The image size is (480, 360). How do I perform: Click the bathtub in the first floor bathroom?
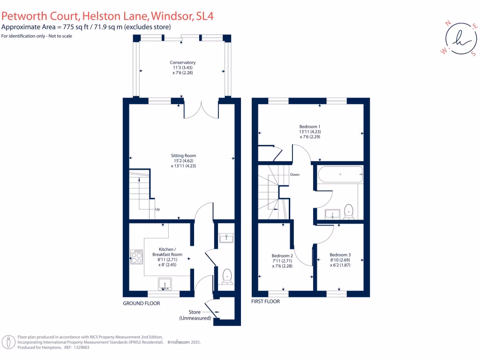tap(341, 175)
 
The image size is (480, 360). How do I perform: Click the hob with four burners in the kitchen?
tap(136, 256)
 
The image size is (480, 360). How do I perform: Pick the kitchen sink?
tap(165, 284)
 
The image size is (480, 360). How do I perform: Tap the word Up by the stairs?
tap(157, 210)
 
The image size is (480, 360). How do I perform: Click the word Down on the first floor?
tap(294, 174)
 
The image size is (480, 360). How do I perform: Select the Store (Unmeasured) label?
tap(195, 315)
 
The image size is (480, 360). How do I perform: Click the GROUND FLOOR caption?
tap(142, 303)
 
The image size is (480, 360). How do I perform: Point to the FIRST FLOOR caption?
tap(266, 301)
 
